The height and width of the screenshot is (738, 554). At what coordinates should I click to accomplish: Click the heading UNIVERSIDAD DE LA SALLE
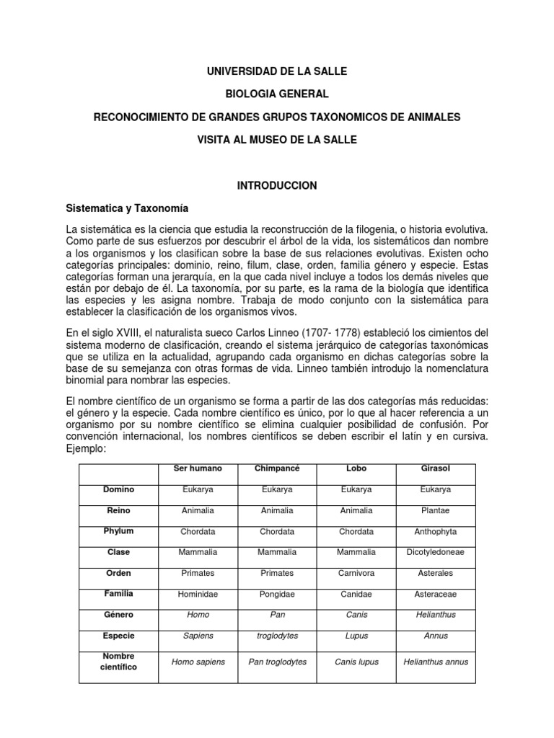point(277,71)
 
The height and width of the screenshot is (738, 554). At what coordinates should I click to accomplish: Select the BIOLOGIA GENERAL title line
point(277,94)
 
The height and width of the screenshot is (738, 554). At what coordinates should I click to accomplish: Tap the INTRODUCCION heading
point(277,185)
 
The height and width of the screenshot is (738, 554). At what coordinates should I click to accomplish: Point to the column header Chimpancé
point(277,468)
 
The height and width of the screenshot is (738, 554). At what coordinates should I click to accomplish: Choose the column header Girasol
point(436,468)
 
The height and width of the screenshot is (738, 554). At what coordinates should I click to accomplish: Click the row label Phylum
point(118,531)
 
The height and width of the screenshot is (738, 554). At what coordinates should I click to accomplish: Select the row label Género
point(118,615)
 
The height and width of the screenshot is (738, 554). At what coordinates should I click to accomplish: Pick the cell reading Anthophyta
point(436,532)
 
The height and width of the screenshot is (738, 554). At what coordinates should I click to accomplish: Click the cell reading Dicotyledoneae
point(436,553)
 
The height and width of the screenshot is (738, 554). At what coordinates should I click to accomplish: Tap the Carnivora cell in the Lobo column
point(356,574)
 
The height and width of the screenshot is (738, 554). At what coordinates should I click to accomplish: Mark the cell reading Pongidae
point(277,595)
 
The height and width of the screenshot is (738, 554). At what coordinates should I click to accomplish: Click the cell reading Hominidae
point(198,595)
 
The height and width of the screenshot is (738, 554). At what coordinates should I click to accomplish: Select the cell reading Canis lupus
point(356,662)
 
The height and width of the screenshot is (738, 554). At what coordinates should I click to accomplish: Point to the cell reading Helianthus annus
point(436,662)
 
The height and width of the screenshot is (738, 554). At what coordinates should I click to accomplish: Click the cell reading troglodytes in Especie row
point(277,636)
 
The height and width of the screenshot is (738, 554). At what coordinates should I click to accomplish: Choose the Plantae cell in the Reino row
point(436,511)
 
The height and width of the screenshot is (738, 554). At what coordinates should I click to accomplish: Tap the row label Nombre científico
point(118,662)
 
